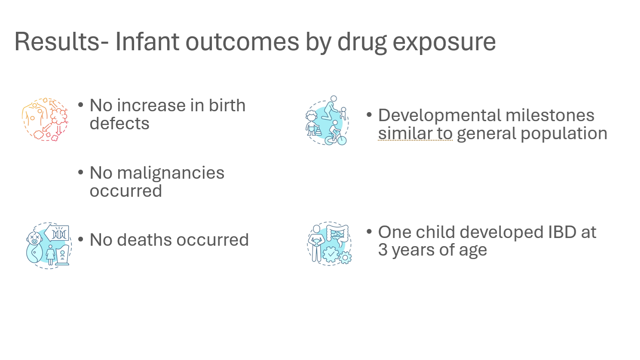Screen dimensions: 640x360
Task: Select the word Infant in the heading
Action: click(147, 41)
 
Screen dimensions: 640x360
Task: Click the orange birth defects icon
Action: click(45, 119)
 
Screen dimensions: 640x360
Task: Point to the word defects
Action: click(119, 123)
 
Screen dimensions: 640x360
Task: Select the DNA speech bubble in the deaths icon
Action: click(57, 234)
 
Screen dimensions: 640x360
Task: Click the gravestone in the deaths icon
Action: click(62, 255)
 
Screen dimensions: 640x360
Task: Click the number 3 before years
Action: click(383, 250)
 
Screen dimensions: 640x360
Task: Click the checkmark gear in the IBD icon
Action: click(331, 254)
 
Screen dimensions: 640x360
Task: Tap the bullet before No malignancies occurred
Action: click(80, 172)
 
